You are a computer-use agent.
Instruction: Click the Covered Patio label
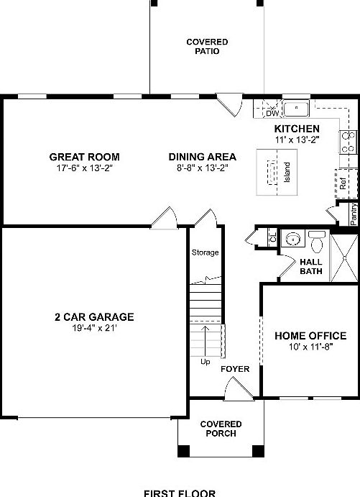tap(202, 47)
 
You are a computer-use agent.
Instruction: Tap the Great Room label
tap(84, 157)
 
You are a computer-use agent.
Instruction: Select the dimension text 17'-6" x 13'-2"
tap(84, 168)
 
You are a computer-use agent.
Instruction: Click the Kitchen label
tap(296, 129)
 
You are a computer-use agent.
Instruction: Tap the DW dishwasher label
tap(272, 113)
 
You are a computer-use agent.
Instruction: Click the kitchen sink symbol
tap(295, 109)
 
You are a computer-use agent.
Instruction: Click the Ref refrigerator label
tap(343, 183)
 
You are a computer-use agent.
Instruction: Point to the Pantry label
tap(354, 215)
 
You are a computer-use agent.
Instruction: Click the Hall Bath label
tap(311, 268)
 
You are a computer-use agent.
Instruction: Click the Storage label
tap(205, 252)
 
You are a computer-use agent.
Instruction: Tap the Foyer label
tap(235, 369)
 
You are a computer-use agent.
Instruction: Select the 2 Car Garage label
tap(94, 316)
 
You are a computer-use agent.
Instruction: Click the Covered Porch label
tap(221, 429)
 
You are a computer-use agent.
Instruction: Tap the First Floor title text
tap(180, 493)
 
